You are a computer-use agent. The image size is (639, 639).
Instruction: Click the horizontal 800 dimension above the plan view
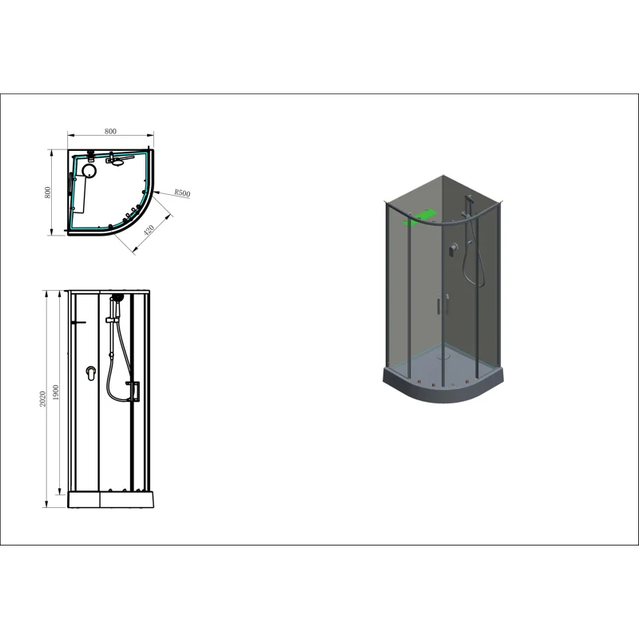coord(110,131)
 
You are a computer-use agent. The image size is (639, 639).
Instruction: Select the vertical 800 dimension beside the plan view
coord(48,192)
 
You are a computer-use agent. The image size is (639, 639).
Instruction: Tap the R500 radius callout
coord(182,192)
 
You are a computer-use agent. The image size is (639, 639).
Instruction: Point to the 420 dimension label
coord(149,230)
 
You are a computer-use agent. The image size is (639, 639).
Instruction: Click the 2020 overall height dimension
coord(42,399)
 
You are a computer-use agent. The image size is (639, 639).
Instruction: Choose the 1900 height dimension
coord(55,392)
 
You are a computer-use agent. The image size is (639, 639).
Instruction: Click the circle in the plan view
coord(89,170)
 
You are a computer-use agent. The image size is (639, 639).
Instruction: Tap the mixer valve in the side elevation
coord(91,373)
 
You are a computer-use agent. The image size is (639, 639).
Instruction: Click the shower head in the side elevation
coord(117,297)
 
